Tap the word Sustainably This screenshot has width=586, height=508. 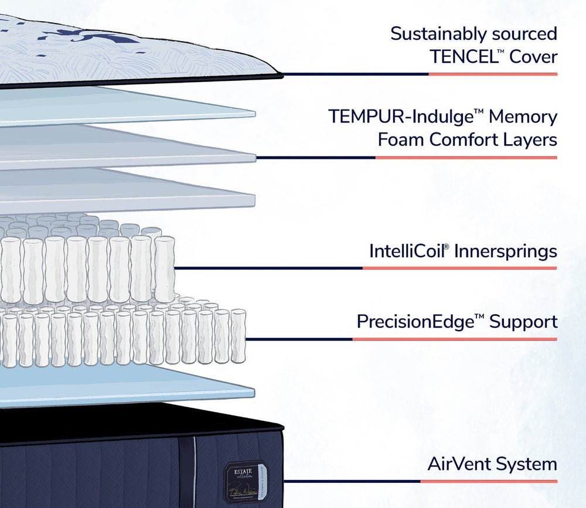click(x=432, y=33)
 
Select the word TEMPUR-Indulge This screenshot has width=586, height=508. click(x=400, y=116)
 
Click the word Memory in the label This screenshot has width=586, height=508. click(x=523, y=116)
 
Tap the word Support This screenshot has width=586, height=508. click(x=523, y=322)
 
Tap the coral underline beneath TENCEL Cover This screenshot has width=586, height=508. click(x=492, y=74)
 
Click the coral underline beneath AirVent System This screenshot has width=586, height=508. click(x=488, y=482)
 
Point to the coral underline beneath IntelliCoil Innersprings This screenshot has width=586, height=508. click(x=459, y=268)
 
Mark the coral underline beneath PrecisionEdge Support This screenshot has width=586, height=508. click(x=454, y=339)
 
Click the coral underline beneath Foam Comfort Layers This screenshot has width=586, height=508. click(x=466, y=158)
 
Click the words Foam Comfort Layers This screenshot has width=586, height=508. click(x=467, y=140)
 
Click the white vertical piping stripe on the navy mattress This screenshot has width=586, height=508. click(x=194, y=469)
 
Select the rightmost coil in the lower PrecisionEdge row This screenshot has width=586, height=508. click(x=237, y=336)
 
